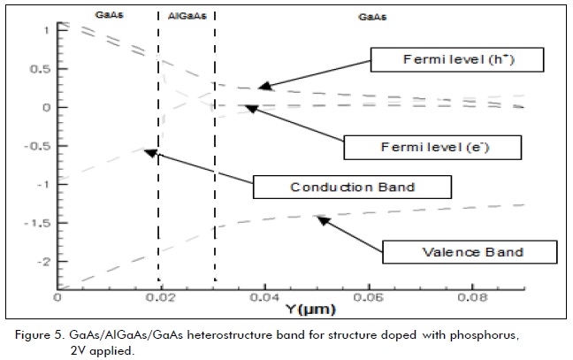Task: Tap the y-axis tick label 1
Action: click(46, 30)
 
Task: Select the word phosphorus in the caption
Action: click(498, 337)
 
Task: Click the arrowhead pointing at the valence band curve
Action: click(320, 218)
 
